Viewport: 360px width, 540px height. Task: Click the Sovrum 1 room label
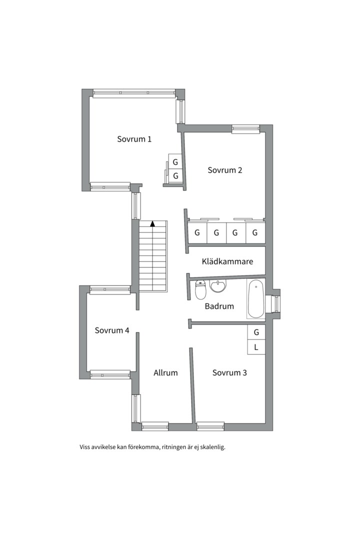point(134,139)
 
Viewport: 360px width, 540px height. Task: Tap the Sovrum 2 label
point(224,170)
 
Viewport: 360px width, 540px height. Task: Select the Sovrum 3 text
point(229,372)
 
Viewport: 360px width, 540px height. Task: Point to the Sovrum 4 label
point(112,330)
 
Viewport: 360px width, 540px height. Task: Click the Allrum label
point(165,372)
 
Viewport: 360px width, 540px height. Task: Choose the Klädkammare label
point(227,261)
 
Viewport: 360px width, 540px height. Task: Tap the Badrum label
point(219,306)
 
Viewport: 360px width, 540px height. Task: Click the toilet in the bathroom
point(200,289)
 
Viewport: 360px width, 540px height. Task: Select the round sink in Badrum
point(218,285)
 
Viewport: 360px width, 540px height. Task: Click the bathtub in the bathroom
point(256,298)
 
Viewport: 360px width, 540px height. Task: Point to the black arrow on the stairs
point(152,224)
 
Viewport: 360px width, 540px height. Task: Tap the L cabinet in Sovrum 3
point(256,347)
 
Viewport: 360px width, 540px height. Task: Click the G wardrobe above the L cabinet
point(256,332)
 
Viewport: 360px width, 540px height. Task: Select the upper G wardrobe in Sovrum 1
point(175,162)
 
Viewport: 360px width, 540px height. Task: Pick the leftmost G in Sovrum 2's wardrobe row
point(197,233)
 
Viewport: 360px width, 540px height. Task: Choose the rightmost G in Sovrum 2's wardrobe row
point(255,233)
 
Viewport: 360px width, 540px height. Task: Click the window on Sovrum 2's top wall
point(245,129)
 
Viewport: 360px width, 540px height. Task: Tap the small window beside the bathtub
point(276,303)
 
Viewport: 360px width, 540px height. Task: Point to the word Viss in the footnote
point(84,447)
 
